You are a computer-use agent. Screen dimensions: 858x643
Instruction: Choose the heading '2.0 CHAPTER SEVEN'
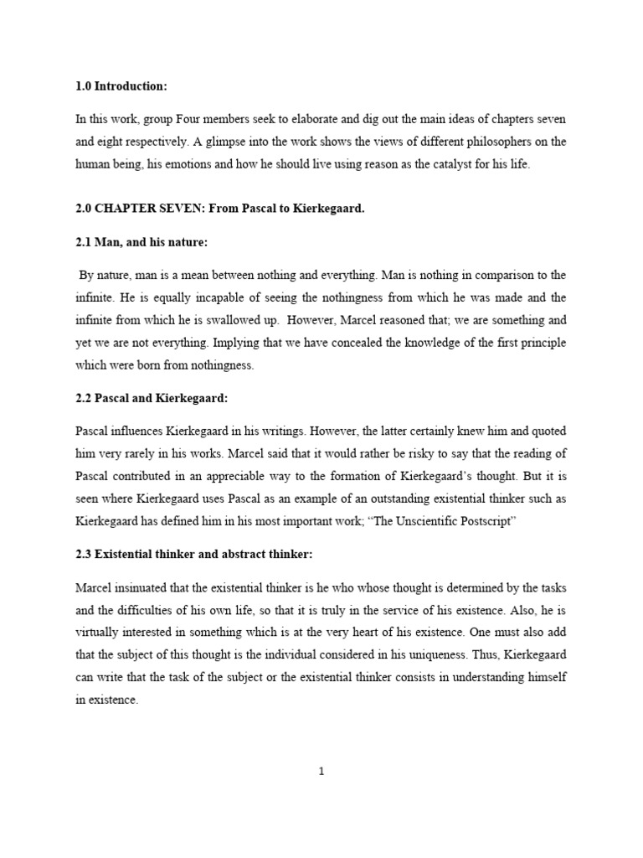point(143,209)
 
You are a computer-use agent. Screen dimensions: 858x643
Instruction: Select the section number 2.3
point(85,554)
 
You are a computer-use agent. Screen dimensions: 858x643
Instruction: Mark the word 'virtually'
point(100,633)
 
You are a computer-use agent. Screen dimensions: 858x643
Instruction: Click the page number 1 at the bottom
point(321,772)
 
